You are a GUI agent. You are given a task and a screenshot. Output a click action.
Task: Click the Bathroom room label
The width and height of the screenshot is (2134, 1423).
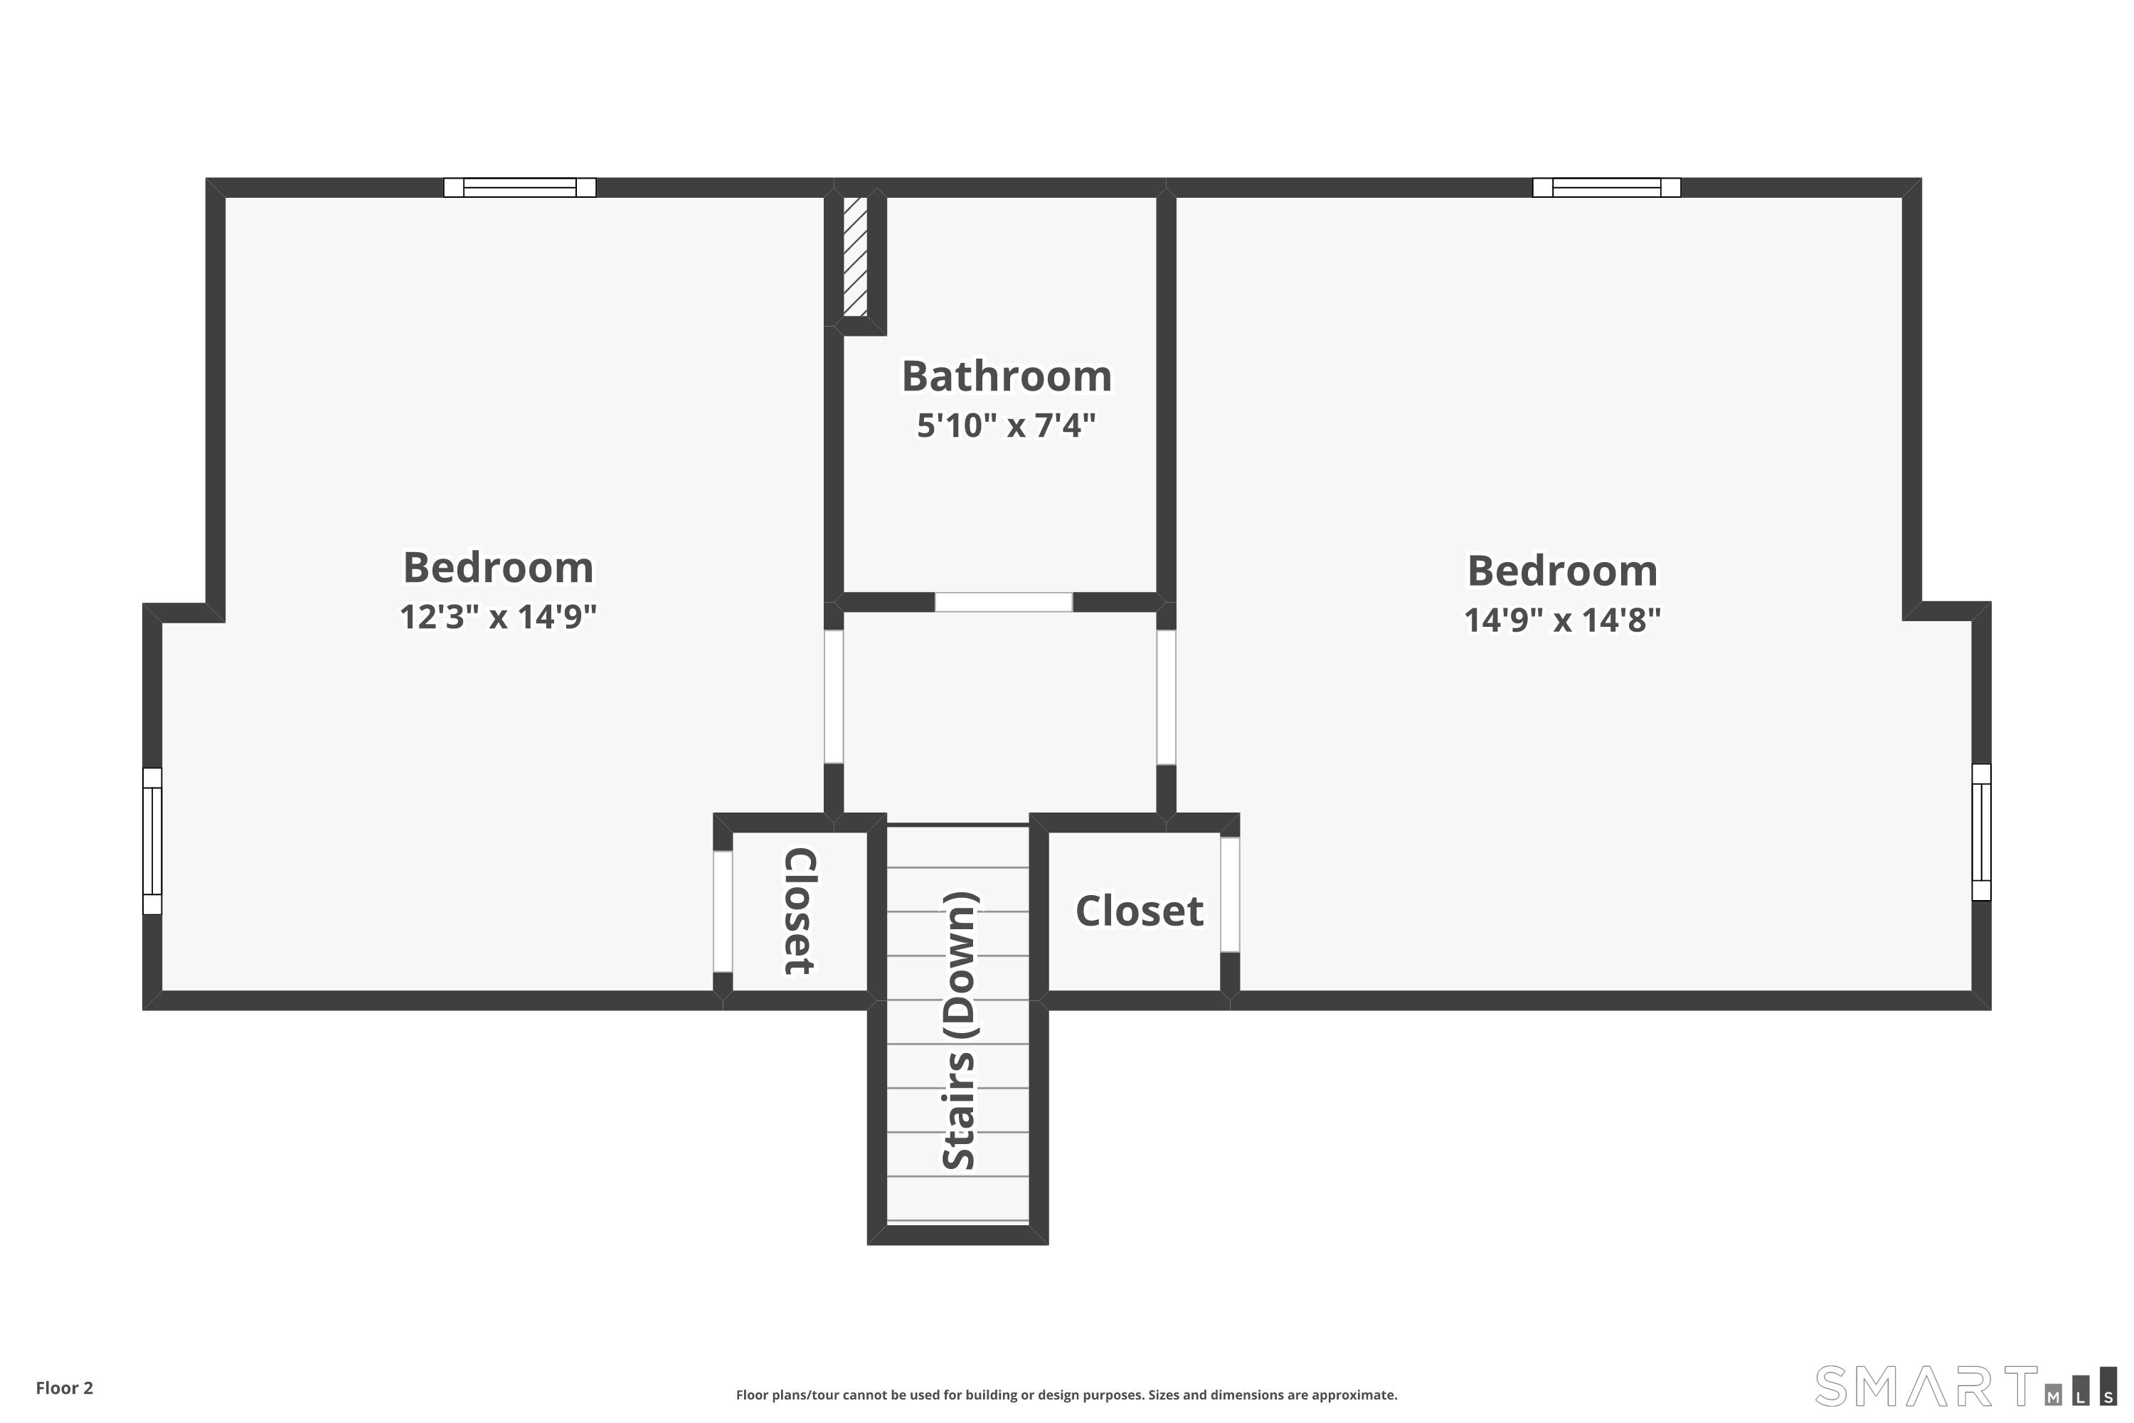[x=1007, y=376]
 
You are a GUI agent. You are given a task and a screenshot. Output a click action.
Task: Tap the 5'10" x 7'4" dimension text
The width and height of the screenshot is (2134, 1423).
[x=1007, y=425]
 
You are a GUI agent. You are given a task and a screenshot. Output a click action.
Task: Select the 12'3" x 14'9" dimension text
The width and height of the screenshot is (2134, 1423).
[x=498, y=617]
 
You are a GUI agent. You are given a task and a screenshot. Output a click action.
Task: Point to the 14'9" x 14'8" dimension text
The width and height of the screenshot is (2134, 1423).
[x=1562, y=620]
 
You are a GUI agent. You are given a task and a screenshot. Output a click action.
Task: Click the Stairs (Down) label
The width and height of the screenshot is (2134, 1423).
[x=959, y=1030]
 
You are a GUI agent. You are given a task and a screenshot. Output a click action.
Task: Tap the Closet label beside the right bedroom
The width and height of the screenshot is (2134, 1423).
[x=1140, y=911]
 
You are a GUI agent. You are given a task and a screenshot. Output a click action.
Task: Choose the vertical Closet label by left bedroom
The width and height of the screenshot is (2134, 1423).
[x=800, y=911]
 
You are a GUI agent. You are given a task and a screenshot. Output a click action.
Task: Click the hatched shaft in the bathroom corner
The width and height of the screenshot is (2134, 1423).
[x=856, y=257]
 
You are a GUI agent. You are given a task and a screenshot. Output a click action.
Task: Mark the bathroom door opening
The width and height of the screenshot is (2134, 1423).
[x=1004, y=602]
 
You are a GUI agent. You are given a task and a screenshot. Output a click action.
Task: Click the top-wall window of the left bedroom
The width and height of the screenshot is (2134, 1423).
[x=520, y=188]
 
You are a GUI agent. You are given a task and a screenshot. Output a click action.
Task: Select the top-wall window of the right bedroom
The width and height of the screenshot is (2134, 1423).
[x=1607, y=188]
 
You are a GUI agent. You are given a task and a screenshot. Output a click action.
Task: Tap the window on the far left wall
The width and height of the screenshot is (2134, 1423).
[x=152, y=841]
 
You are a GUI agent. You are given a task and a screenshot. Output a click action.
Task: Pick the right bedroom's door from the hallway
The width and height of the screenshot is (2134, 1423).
[x=1166, y=697]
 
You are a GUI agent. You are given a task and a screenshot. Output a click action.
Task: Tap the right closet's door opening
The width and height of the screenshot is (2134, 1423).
[x=1229, y=894]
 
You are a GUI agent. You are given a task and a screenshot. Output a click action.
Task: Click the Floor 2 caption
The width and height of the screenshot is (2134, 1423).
[x=65, y=1387]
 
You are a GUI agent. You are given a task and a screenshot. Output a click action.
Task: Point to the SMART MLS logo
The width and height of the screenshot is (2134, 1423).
[x=1965, y=1386]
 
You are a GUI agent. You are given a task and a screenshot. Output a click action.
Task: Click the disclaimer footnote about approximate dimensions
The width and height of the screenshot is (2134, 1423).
[x=1067, y=1395]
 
